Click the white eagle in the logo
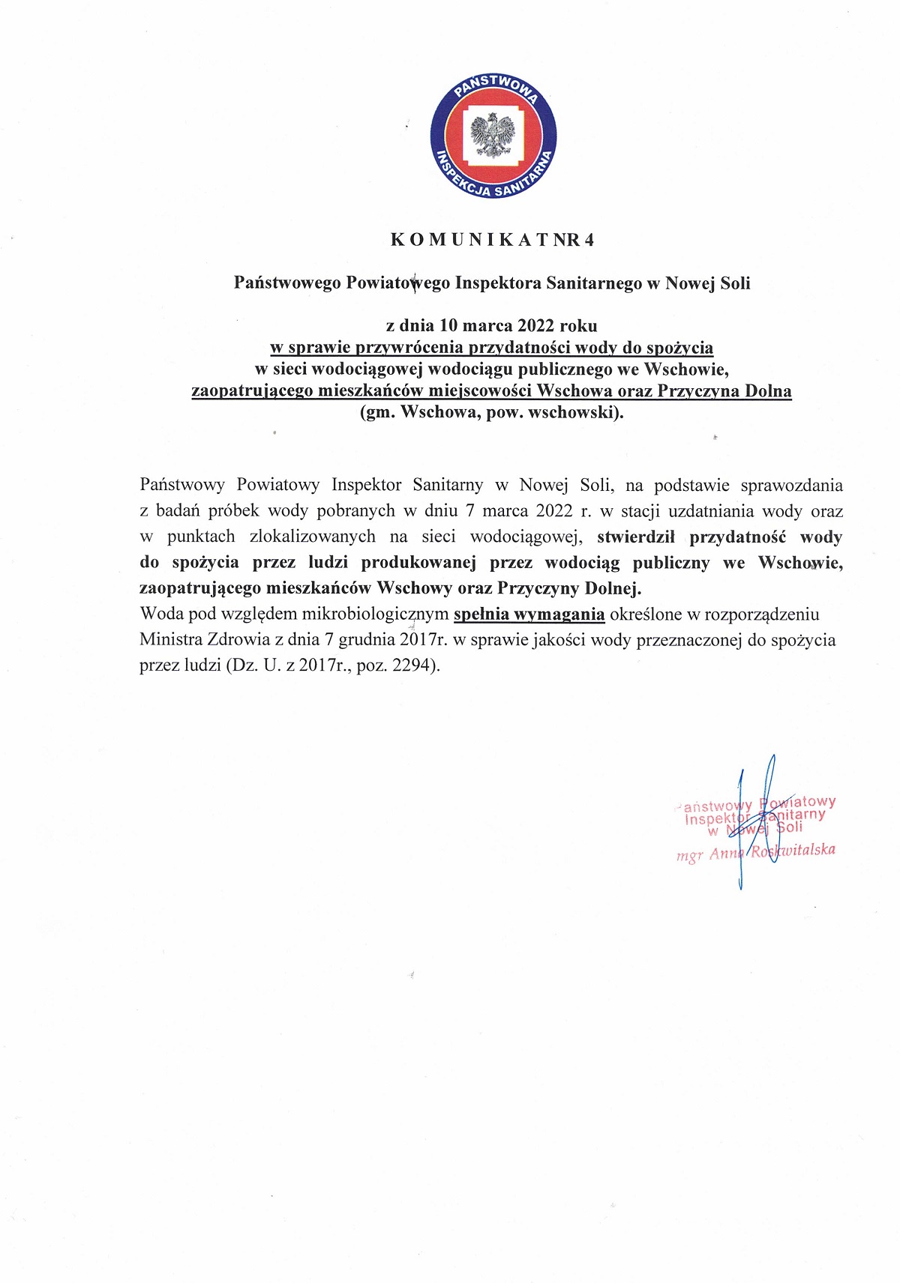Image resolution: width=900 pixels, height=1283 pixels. (x=493, y=136)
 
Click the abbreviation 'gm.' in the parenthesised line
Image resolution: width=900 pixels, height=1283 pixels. (x=377, y=412)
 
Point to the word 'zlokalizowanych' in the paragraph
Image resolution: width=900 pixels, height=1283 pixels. (x=313, y=537)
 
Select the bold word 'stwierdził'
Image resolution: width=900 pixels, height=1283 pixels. (x=636, y=537)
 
